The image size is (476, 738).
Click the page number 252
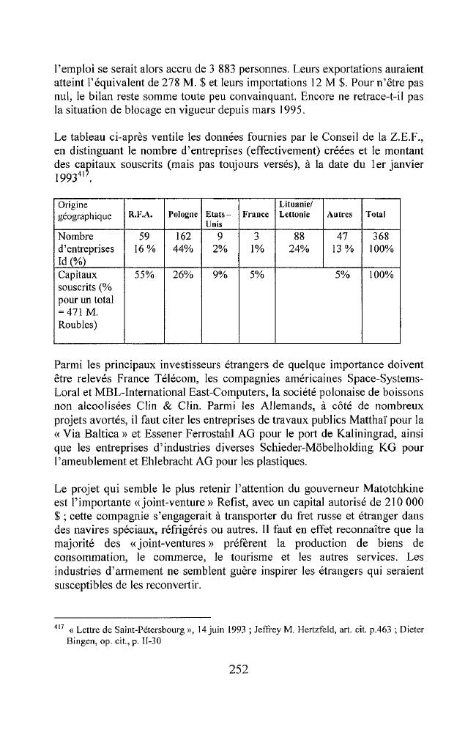[239, 668]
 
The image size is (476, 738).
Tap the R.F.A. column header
[140, 215]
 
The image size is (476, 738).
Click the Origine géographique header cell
[81, 209]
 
